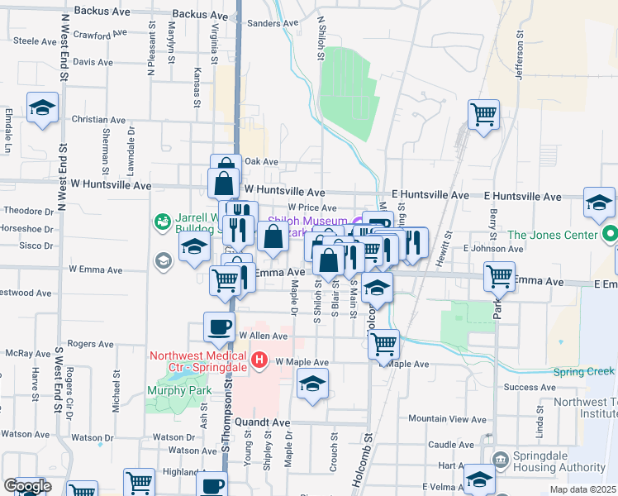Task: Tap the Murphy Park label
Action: tap(178, 391)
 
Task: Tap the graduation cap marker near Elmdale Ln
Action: tap(42, 107)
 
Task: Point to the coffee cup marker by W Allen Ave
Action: tap(219, 327)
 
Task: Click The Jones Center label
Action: tap(551, 235)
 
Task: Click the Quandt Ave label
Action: tap(263, 422)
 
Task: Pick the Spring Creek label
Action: tap(584, 372)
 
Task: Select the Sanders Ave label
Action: tap(272, 23)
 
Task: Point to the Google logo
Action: tap(26, 486)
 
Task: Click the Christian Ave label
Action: tap(98, 120)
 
